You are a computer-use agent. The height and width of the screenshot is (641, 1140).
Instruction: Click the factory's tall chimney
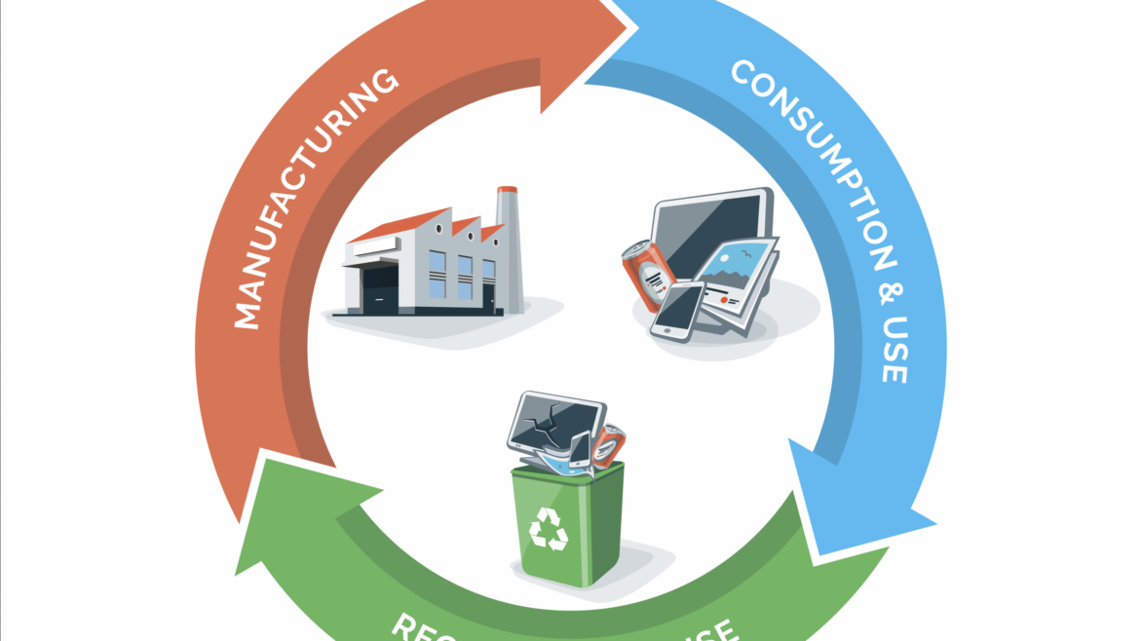[x=508, y=244]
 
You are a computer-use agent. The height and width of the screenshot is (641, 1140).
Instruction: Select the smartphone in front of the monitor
[x=678, y=311]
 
